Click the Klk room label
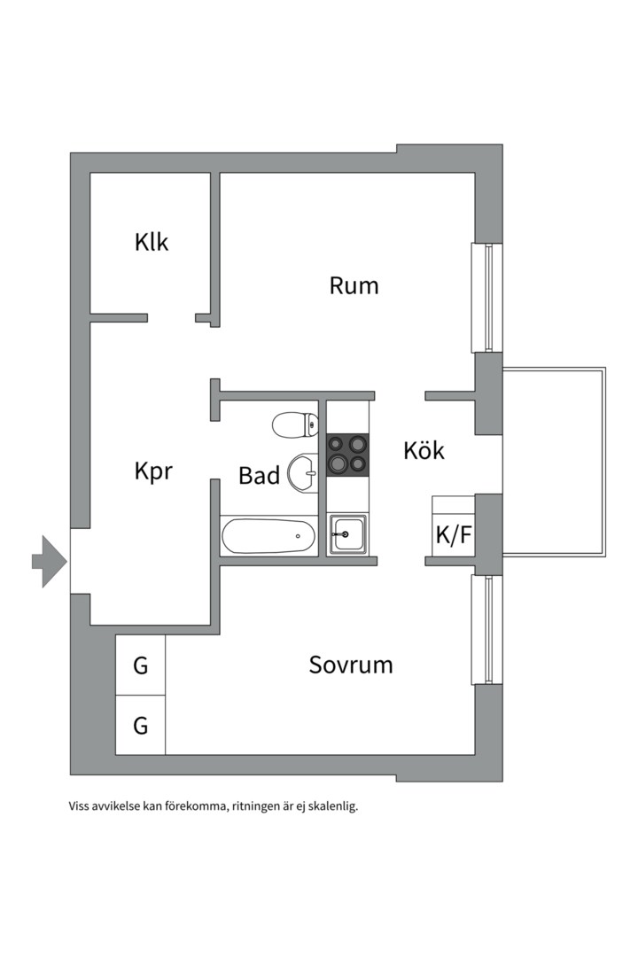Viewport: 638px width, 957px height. (x=152, y=242)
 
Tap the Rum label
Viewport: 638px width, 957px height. (x=354, y=285)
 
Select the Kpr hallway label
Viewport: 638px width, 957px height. (x=153, y=471)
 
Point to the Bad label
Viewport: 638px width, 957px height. (x=259, y=476)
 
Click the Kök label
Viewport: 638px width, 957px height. (x=424, y=450)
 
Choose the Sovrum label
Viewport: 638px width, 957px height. (x=351, y=665)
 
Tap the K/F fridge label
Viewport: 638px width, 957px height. (x=452, y=535)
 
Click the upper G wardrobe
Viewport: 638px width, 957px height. (x=140, y=665)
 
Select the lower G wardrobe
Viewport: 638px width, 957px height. (x=140, y=726)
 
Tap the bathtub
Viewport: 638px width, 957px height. (x=268, y=537)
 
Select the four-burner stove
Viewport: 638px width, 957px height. (x=347, y=454)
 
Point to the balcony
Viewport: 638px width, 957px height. (x=553, y=461)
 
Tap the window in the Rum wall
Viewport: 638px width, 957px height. (x=487, y=298)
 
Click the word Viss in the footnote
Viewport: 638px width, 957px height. (x=79, y=806)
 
